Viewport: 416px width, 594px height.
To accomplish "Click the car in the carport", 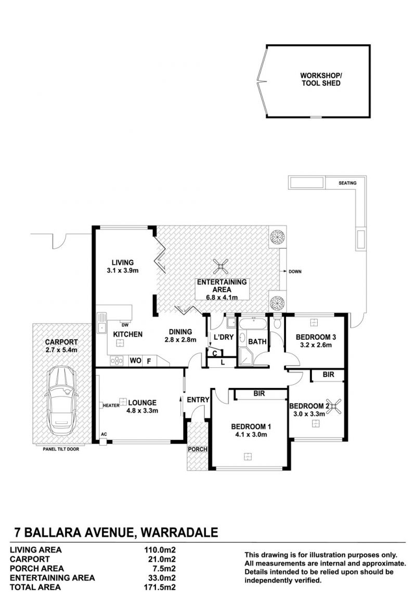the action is [62, 401].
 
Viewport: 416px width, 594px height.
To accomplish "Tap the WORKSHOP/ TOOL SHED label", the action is [321, 79].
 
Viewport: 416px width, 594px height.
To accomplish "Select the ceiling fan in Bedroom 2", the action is [334, 407].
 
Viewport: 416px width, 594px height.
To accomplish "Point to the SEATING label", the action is [347, 183].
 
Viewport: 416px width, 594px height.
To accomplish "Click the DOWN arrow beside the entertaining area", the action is [284, 271].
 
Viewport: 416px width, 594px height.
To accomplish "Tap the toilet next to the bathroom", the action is [277, 322].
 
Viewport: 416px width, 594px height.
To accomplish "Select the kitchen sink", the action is [102, 323].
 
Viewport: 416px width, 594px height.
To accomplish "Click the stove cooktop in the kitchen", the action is [117, 361].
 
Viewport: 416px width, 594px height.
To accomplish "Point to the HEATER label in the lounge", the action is [111, 406].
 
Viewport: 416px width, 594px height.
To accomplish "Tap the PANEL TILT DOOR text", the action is [61, 449].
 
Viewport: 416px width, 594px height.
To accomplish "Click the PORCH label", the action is [198, 449].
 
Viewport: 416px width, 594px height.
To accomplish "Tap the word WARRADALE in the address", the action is [179, 532].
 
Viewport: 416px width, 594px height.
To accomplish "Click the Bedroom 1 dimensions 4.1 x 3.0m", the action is [251, 434].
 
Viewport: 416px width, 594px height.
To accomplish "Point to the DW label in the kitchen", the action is [125, 325].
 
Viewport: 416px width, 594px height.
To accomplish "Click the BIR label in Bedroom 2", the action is [329, 375].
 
